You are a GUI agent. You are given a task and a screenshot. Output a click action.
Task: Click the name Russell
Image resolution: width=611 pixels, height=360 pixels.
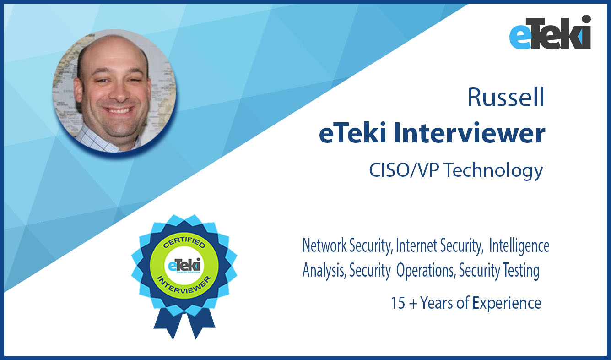(506, 98)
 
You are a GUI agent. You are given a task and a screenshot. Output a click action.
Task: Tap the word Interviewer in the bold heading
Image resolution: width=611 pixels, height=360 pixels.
(470, 133)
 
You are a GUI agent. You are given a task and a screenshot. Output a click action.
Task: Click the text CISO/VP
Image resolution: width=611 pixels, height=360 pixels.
(404, 170)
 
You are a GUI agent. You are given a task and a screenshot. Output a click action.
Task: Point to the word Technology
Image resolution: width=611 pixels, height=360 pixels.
(494, 171)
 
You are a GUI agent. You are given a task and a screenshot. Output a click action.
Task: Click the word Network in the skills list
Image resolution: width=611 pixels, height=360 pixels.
(324, 245)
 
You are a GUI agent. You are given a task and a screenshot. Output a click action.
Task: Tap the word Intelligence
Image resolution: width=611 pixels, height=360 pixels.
(519, 246)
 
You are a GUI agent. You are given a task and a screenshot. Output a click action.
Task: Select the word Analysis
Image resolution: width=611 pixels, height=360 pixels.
(324, 271)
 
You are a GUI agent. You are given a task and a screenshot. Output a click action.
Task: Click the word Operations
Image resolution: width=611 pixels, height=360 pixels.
(426, 271)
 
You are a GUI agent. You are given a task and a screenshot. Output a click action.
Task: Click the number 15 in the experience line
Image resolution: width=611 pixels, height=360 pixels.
(398, 303)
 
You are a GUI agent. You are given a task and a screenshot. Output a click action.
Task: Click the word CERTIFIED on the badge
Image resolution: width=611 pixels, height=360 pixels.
(184, 241)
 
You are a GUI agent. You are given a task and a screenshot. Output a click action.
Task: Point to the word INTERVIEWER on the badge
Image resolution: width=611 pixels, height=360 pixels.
(184, 285)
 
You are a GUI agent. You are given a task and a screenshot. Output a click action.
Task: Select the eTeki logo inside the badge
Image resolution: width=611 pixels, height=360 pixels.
(184, 265)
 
